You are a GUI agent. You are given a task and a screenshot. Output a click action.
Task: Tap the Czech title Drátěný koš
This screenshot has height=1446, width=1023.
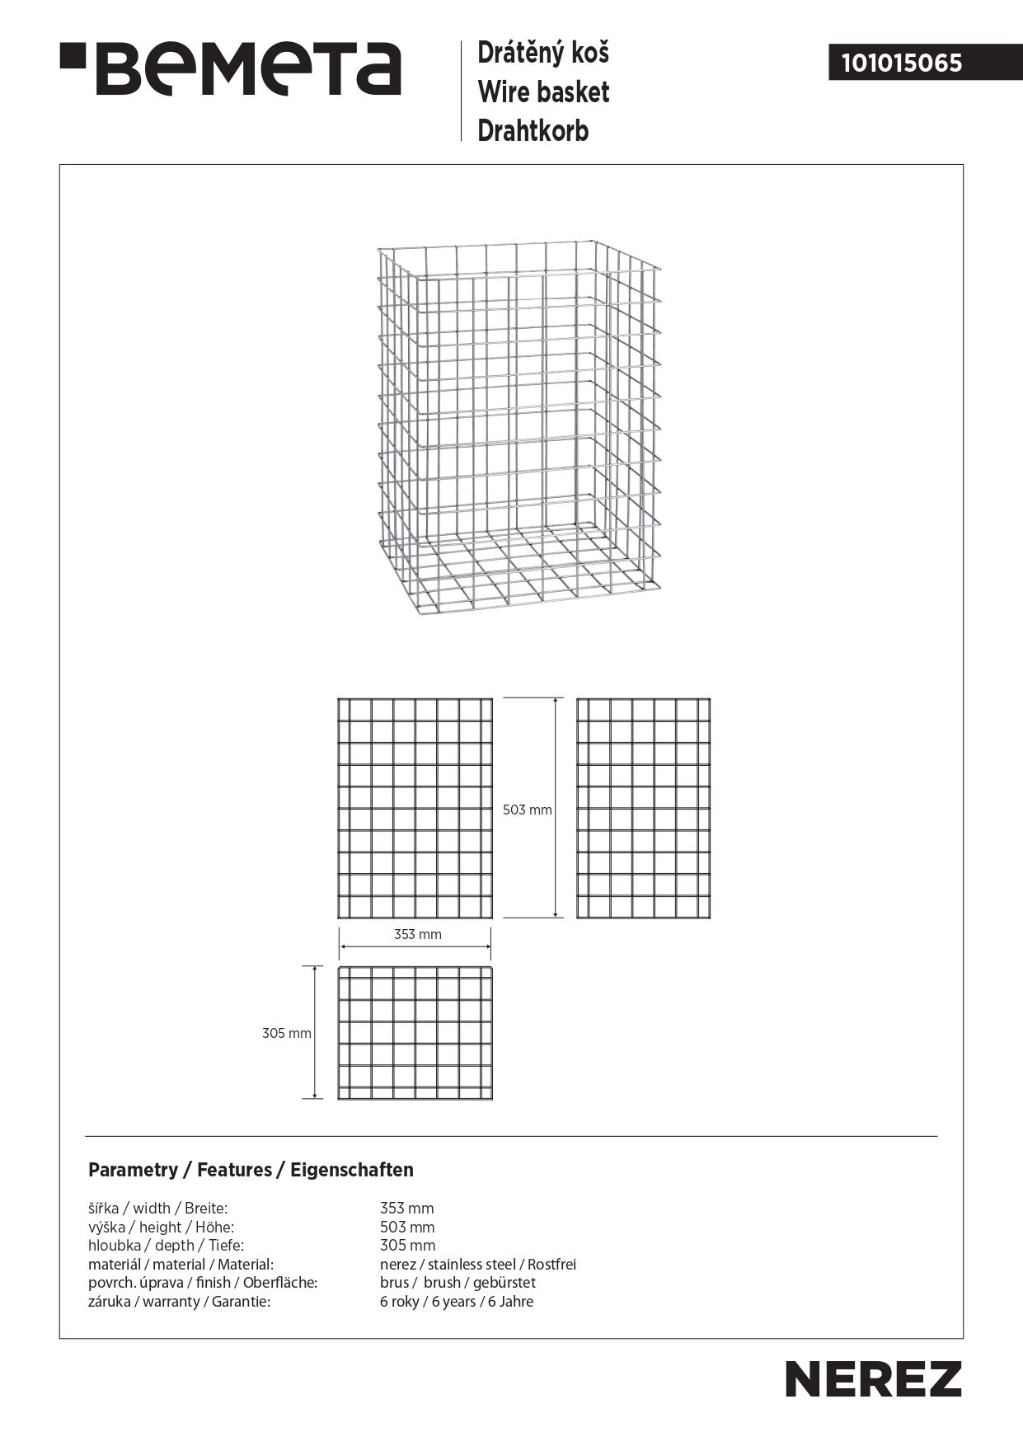[543, 54]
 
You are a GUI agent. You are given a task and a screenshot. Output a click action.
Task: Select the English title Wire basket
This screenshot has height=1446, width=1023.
[543, 92]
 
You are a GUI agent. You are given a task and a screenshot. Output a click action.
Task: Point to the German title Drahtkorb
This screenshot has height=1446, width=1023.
[533, 131]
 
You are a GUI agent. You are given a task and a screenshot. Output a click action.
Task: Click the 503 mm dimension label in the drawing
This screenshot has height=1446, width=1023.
[528, 810]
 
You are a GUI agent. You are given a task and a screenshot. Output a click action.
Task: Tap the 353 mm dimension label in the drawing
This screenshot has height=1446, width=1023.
[417, 935]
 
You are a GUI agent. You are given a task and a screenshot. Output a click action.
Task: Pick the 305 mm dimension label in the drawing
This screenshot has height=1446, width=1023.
[286, 1034]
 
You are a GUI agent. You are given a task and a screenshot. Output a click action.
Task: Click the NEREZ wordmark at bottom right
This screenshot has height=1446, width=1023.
[873, 1379]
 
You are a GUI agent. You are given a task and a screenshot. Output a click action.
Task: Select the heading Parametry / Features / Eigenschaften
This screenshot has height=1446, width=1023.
[251, 1170]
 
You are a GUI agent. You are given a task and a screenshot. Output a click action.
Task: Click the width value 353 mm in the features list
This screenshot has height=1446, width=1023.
[406, 1209]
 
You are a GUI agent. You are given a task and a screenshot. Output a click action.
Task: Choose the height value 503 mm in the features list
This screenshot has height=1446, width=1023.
[406, 1228]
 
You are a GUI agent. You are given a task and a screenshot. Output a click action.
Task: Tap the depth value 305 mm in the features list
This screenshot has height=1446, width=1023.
[407, 1246]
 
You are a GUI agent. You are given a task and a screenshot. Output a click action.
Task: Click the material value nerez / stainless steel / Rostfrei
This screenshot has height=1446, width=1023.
[477, 1265]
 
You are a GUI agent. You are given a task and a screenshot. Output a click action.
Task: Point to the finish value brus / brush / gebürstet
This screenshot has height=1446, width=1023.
[458, 1283]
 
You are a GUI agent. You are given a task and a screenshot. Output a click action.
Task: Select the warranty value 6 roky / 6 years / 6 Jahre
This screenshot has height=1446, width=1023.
[456, 1302]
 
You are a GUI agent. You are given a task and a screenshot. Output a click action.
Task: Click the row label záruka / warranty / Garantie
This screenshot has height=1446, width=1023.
[179, 1302]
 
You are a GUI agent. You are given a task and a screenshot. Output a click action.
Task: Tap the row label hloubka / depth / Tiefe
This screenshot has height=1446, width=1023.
[166, 1246]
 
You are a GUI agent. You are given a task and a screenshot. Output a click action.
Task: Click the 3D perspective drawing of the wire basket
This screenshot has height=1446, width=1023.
[519, 429]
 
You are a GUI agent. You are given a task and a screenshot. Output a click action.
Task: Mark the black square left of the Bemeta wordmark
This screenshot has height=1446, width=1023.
[73, 59]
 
